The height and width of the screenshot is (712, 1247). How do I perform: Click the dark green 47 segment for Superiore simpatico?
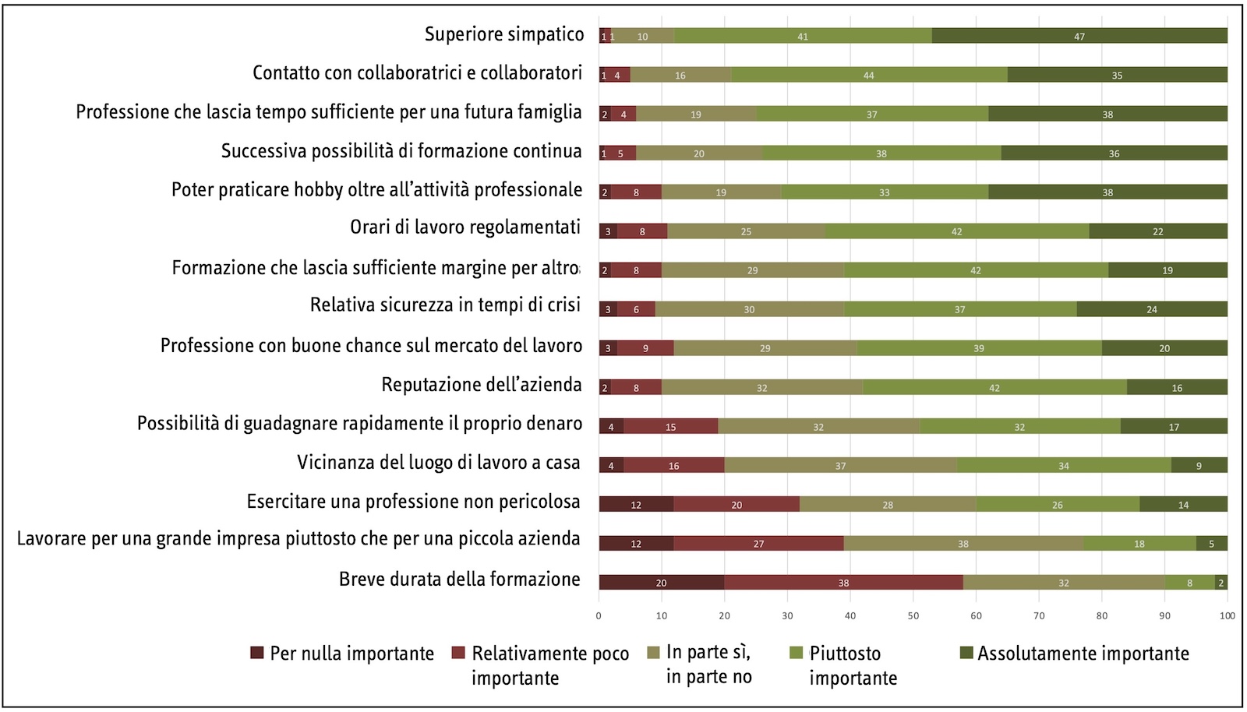coord(1079,36)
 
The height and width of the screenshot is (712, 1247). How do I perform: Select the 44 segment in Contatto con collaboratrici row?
coord(869,75)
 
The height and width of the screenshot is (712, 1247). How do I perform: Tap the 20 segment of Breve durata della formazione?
coord(661,582)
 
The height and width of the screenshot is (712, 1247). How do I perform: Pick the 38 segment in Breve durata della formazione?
coord(843,582)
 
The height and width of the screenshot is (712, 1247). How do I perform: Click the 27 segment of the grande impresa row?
coord(758,543)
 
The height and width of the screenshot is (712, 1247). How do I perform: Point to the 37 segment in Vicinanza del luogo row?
coord(840,465)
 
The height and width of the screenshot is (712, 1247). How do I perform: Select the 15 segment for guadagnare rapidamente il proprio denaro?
coord(670,426)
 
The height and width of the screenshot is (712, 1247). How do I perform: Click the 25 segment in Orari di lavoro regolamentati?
coord(746,231)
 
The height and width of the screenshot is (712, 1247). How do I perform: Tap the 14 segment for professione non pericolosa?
coord(1183,504)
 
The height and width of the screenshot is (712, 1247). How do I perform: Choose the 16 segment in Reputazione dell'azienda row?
coord(1177,387)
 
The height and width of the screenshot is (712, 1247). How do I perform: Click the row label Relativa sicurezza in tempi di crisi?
coord(445,305)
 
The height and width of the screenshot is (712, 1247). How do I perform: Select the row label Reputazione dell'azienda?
coord(482,385)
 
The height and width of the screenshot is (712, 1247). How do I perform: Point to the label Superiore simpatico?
coord(504,34)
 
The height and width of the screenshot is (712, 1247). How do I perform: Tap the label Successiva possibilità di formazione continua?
coord(401,151)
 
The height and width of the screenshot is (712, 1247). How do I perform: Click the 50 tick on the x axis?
coord(913,615)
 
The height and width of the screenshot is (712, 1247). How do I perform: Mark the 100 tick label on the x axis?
coord(1228,615)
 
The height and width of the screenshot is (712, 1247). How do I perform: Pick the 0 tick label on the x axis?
coord(599,615)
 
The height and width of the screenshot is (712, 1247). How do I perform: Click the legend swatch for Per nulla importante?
coord(257,653)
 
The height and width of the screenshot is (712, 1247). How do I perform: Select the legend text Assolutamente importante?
coord(1083,654)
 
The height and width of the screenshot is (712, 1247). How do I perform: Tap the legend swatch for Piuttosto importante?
coord(796,653)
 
